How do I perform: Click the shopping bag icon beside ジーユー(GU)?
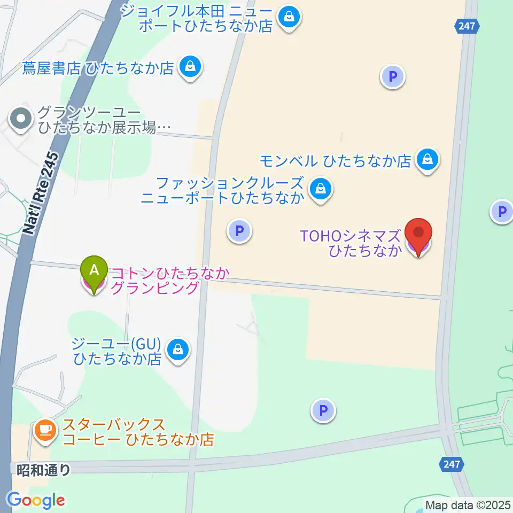(176, 351)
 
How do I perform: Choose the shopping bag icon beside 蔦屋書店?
(189, 68)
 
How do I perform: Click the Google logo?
(36, 500)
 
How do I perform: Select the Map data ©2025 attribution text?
(468, 504)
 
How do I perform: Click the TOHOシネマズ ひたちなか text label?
(350, 243)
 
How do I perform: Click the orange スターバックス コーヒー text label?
(138, 432)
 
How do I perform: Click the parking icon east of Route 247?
(501, 212)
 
